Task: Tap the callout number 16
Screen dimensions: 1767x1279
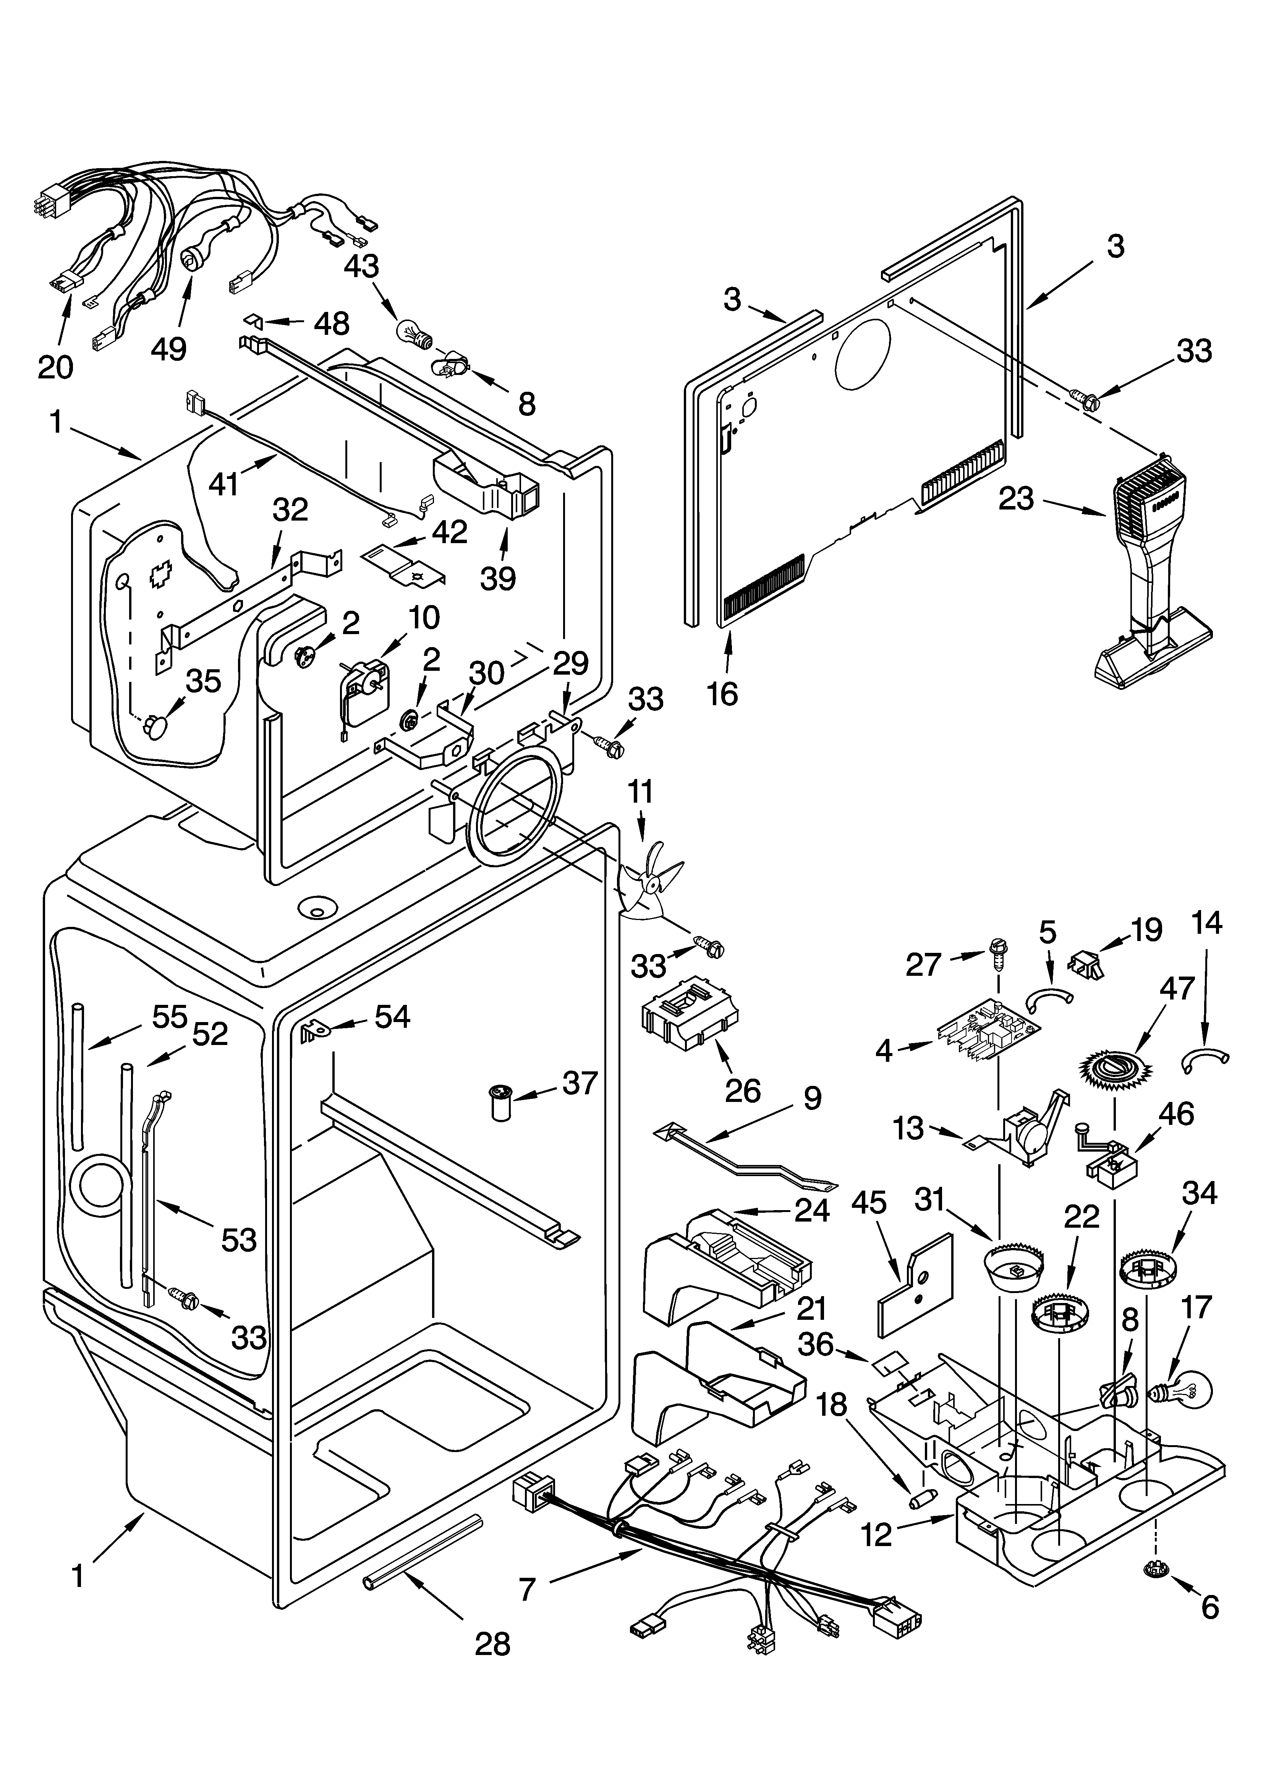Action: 723,692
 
